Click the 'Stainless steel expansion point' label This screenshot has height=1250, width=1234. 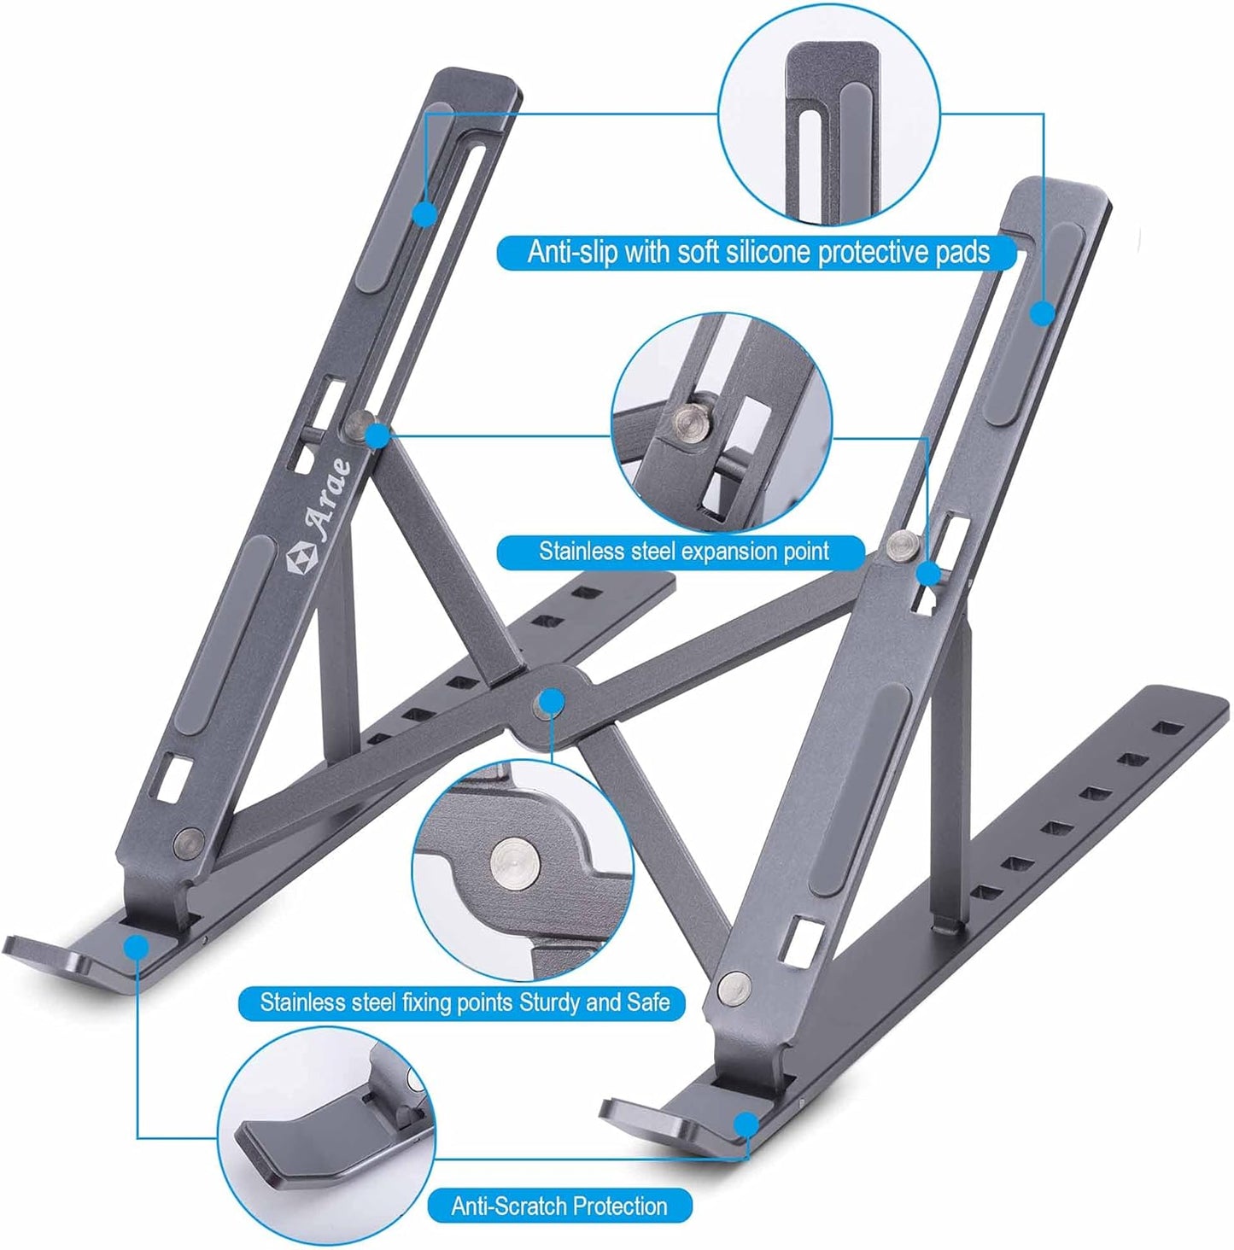(682, 552)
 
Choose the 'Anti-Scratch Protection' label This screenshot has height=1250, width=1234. (559, 1206)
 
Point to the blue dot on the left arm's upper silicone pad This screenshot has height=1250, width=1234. (424, 213)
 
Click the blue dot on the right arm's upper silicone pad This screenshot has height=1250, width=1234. (1042, 313)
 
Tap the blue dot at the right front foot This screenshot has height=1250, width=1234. (747, 1122)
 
